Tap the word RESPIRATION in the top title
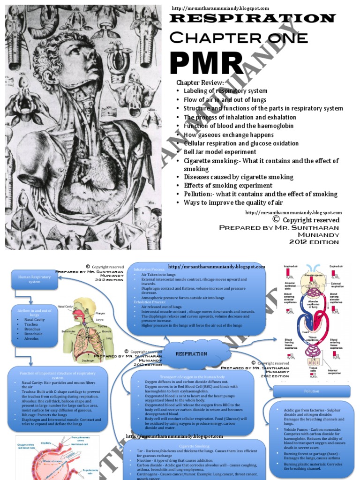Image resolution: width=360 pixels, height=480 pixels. point(252,19)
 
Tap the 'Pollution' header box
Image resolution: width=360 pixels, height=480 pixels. point(312,391)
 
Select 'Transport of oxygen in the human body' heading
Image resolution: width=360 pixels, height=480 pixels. point(192,376)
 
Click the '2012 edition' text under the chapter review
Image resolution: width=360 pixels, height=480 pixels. point(314,242)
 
